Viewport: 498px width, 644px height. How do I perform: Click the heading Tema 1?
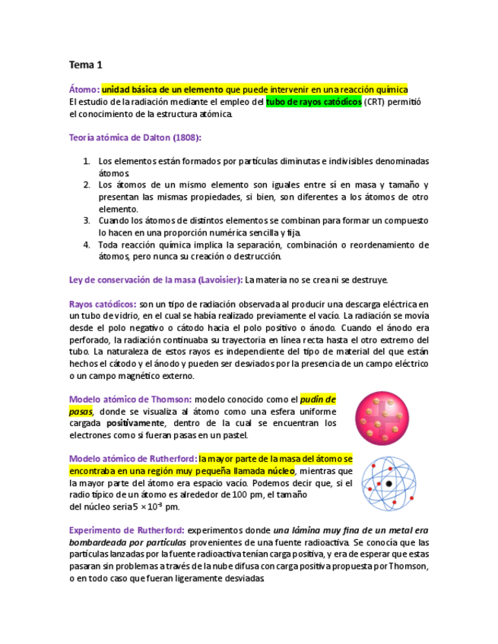click(x=86, y=65)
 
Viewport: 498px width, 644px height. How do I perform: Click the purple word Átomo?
click(x=84, y=89)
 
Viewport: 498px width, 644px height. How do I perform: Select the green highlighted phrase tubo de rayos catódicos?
click(x=313, y=102)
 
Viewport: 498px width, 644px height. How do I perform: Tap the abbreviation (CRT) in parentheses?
click(x=374, y=102)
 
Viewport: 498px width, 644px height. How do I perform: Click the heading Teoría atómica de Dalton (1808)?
click(x=135, y=137)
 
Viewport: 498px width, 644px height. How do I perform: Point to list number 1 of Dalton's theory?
click(x=87, y=161)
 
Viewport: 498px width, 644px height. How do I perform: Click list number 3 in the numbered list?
click(x=87, y=220)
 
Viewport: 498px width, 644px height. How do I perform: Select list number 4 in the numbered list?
click(x=87, y=245)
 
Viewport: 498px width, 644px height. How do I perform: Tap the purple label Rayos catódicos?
click(x=103, y=304)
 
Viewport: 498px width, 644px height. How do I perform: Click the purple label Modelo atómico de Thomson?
click(x=130, y=399)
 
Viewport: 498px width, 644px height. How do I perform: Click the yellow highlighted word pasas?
click(x=81, y=411)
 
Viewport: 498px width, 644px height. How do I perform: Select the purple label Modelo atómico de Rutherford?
click(x=134, y=459)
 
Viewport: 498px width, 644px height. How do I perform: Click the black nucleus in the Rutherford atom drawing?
click(x=389, y=484)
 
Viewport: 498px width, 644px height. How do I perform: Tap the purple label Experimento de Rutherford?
click(x=126, y=530)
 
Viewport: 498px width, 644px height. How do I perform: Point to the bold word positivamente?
click(x=135, y=423)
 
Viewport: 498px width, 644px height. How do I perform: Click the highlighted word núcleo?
click(x=278, y=471)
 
